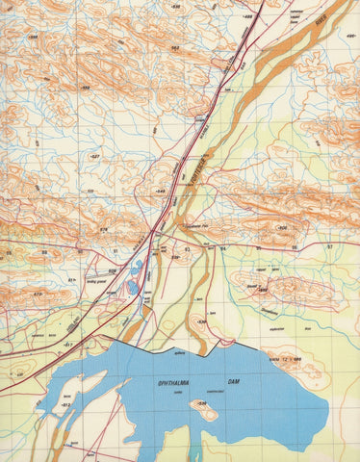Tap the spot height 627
coord(93,155)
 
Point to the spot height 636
coord(283,227)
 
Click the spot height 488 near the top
coord(245,16)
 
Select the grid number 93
coord(187,248)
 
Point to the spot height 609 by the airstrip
coord(112,271)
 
